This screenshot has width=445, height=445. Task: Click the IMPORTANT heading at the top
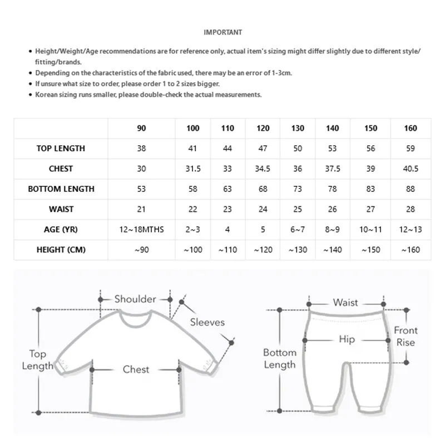point(222,32)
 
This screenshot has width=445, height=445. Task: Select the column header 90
point(141,128)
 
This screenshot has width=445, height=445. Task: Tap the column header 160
point(411,128)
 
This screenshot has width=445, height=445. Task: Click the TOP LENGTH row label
point(61,149)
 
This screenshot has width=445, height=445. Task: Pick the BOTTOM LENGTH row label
point(61,189)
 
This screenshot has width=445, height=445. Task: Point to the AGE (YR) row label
point(61,230)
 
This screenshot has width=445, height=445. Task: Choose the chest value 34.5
point(263,169)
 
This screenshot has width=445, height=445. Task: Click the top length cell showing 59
point(411,149)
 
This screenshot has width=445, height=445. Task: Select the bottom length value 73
point(298,189)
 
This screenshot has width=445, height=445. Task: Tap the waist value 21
point(141,210)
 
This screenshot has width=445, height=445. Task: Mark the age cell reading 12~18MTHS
point(141,230)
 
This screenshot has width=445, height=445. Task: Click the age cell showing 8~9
point(333,230)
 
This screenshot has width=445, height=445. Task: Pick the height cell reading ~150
point(371,250)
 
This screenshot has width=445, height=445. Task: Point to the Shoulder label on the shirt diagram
point(135,299)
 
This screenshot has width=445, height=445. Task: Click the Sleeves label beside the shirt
point(207,322)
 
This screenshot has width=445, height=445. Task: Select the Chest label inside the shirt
point(136,369)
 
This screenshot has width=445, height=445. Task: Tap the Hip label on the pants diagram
point(347,339)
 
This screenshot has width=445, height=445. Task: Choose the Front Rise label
point(406,336)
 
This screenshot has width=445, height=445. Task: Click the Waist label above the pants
point(345,303)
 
